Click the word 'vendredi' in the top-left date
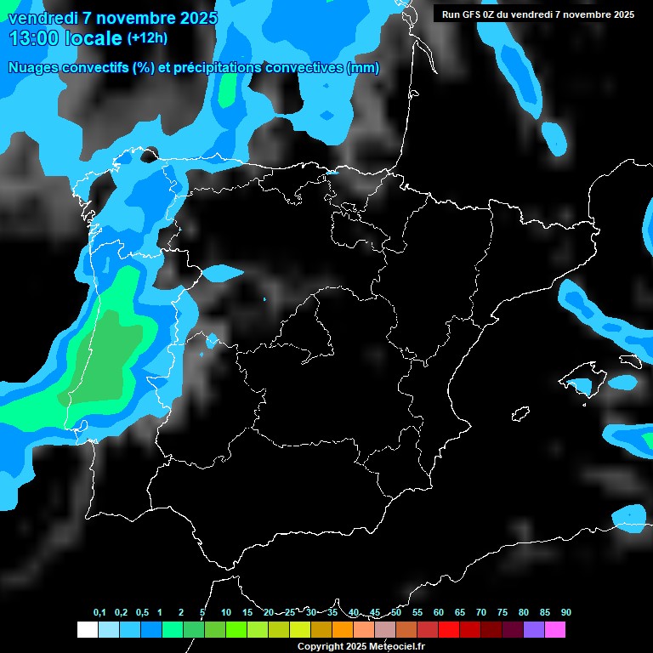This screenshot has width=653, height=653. click(x=38, y=17)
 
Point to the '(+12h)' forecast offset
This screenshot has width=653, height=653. click(x=147, y=37)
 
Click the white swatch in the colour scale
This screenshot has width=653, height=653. click(x=87, y=630)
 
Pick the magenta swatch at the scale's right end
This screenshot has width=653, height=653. click(x=555, y=630)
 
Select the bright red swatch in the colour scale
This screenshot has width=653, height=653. click(x=448, y=630)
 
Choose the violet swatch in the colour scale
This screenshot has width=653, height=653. click(x=534, y=630)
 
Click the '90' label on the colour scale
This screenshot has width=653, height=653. click(x=565, y=612)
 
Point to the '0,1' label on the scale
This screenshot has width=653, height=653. click(x=99, y=612)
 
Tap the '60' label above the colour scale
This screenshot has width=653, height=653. click(x=438, y=612)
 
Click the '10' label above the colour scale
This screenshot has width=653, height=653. click(x=225, y=612)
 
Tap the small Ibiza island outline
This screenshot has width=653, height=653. click(x=520, y=414)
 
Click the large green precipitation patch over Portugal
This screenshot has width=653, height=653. click(x=106, y=357)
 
